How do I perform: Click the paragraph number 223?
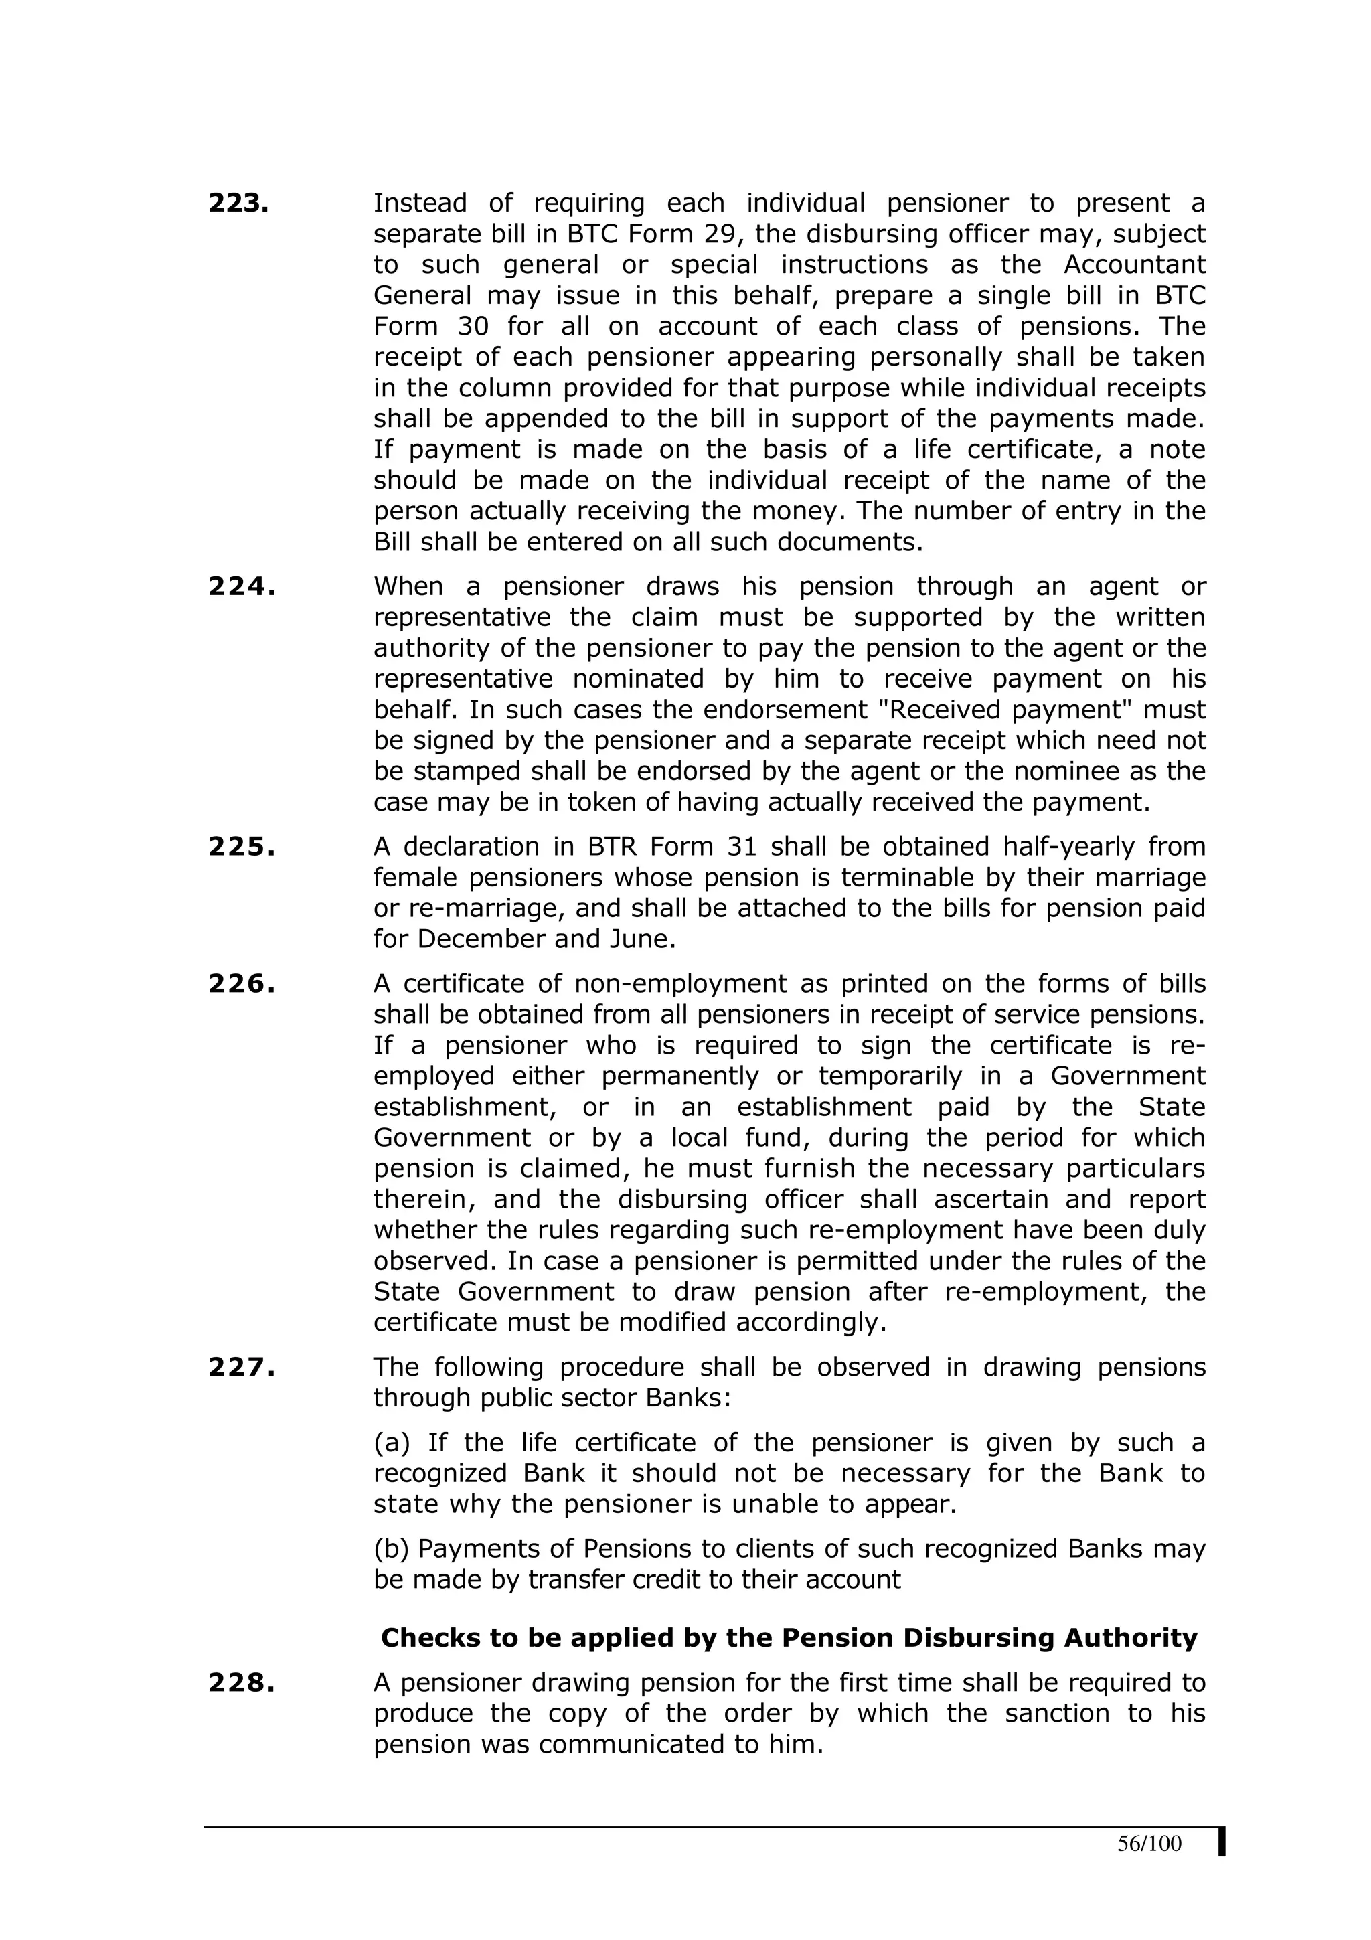tap(238, 203)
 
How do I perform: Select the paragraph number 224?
tap(242, 586)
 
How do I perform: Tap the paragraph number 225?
tap(242, 847)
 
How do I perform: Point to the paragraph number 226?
tap(242, 983)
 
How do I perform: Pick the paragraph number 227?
tap(242, 1367)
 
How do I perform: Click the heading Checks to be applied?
tap(789, 1637)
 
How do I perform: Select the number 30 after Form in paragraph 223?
tap(473, 326)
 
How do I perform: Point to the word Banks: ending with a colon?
tap(688, 1398)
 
